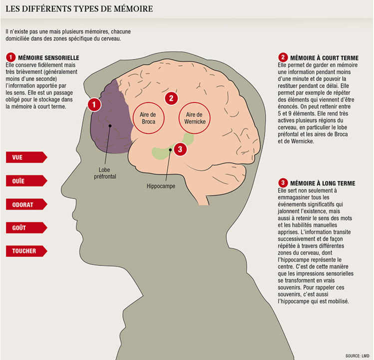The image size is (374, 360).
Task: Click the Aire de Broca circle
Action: (x=148, y=118)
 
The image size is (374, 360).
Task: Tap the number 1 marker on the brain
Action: (x=93, y=104)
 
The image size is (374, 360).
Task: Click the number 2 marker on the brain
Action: (x=171, y=98)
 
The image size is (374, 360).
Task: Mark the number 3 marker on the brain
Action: (x=181, y=148)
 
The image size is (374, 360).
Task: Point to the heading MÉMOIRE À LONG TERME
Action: (x=325, y=183)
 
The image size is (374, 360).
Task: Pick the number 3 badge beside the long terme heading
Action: (x=283, y=183)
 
